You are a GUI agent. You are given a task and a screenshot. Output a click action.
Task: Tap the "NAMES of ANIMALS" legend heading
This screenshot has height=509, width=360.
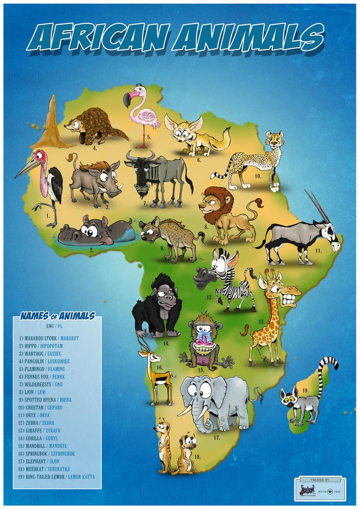click(x=57, y=316)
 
